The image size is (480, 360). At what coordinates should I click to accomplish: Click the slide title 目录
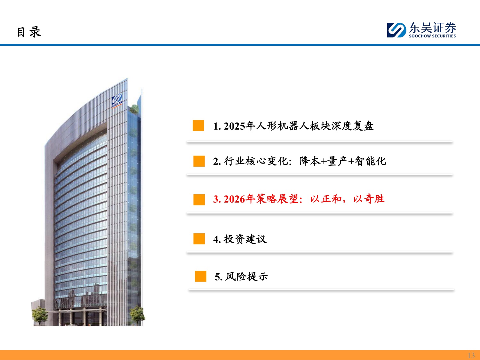point(29,32)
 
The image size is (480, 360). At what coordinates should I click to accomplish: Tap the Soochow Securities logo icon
point(396,30)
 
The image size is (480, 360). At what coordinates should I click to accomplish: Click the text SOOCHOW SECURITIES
point(432,36)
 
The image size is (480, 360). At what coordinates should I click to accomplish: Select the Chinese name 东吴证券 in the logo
point(432,28)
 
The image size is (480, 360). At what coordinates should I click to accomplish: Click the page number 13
point(471,355)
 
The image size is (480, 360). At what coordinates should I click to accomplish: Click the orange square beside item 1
point(198,125)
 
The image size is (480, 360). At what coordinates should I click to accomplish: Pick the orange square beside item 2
point(199,161)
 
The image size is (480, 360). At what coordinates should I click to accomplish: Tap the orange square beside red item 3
point(199,199)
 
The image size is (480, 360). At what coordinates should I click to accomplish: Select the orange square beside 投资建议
point(199,239)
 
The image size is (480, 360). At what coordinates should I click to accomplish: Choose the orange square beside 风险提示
point(201,276)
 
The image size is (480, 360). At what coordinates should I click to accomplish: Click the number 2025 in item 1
point(234,126)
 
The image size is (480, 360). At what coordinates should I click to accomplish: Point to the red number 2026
point(234,199)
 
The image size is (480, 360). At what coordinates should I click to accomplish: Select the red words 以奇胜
point(369,199)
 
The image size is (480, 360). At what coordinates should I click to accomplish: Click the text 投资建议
point(245,239)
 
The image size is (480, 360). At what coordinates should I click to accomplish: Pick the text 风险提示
point(246,276)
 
